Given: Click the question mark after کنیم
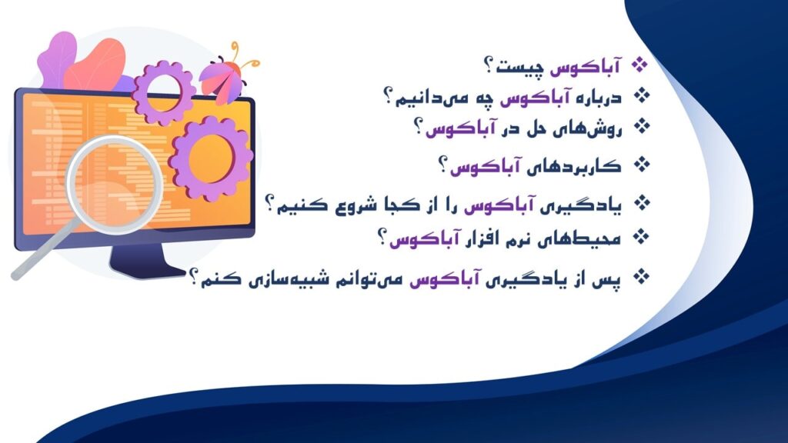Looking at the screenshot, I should (x=272, y=204).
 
